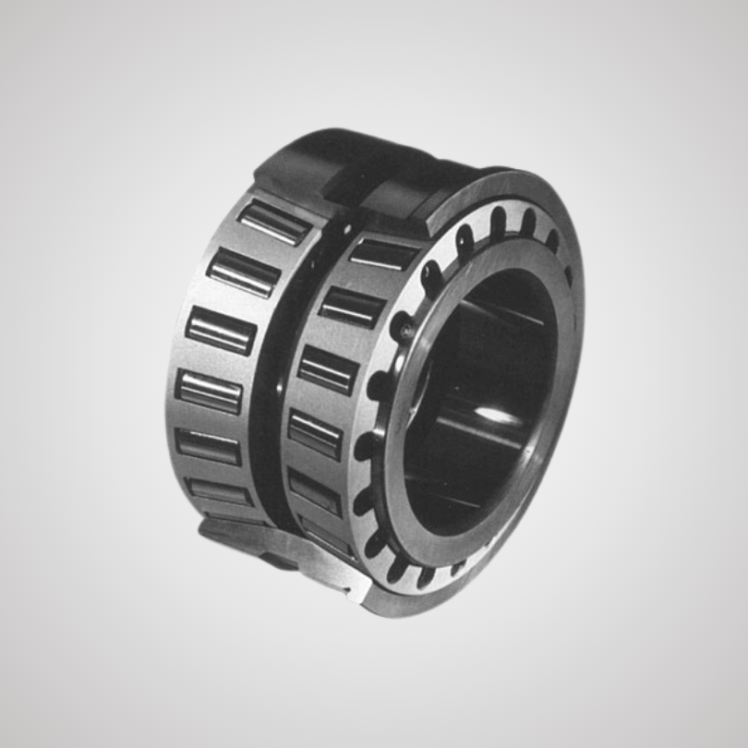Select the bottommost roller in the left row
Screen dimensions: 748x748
pyautogui.click(x=219, y=491)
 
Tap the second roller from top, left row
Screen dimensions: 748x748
pyautogui.click(x=243, y=272)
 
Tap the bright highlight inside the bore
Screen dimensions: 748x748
pyautogui.click(x=500, y=417)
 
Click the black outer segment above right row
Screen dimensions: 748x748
pyautogui.click(x=416, y=199)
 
